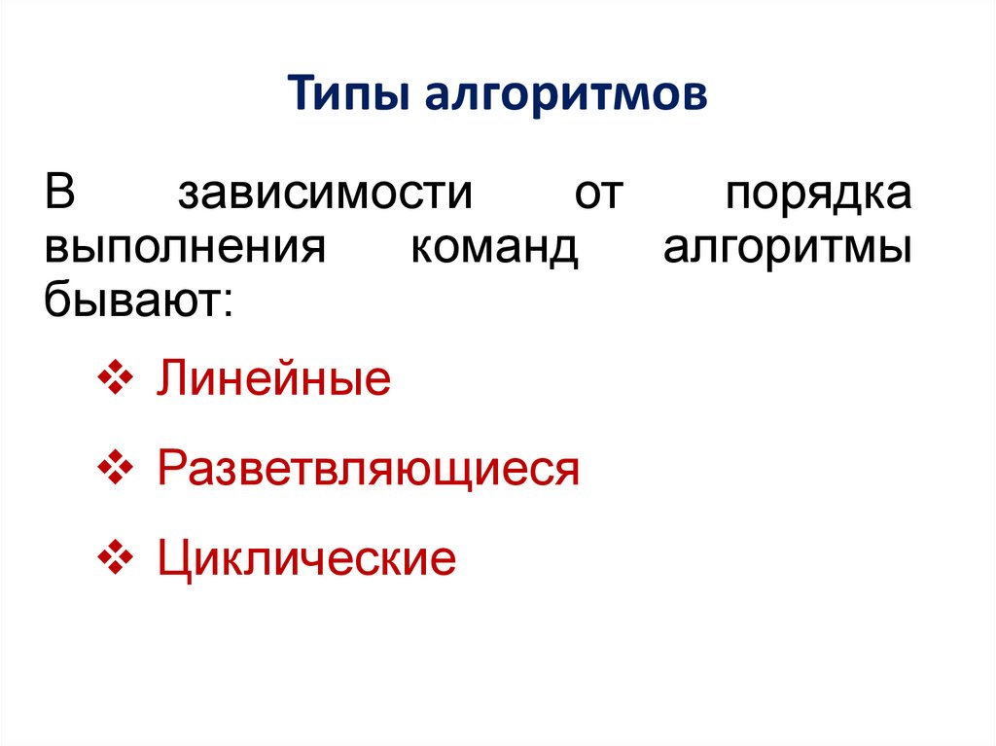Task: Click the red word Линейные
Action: (x=273, y=380)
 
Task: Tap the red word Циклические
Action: (x=306, y=560)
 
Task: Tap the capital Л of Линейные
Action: (x=170, y=380)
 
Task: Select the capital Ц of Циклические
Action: (x=172, y=560)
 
